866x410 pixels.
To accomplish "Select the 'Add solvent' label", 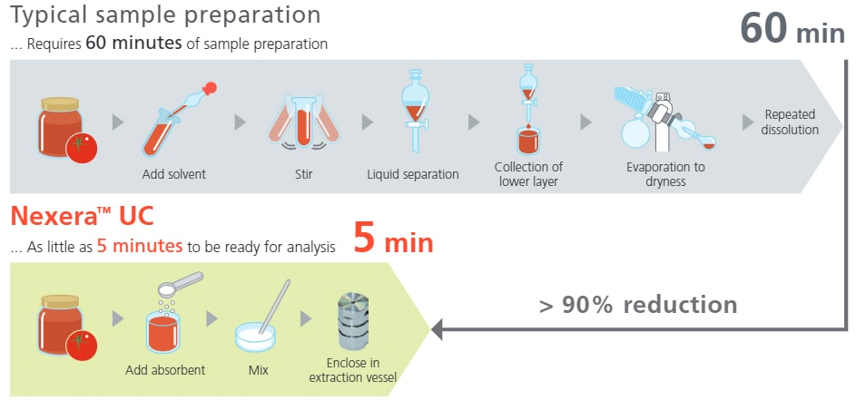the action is [174, 174].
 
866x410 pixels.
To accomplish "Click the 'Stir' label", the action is [304, 174].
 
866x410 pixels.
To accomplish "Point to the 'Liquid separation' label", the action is [413, 174].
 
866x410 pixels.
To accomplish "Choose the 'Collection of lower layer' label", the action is [528, 174].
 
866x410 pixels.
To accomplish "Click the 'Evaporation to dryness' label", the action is [665, 174].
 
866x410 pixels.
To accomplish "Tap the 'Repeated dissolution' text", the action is [790, 122].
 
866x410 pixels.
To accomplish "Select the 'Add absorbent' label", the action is [165, 370].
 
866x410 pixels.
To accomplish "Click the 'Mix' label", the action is [259, 370].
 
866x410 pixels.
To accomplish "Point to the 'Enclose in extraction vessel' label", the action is [353, 370].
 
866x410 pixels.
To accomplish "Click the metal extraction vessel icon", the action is [353, 321].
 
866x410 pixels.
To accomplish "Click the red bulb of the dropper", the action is [210, 88].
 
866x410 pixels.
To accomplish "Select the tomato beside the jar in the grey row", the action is [81, 148].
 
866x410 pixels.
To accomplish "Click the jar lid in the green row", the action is [60, 301].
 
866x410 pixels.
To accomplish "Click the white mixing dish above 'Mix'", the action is [254, 337].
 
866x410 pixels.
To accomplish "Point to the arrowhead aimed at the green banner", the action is [437, 329].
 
